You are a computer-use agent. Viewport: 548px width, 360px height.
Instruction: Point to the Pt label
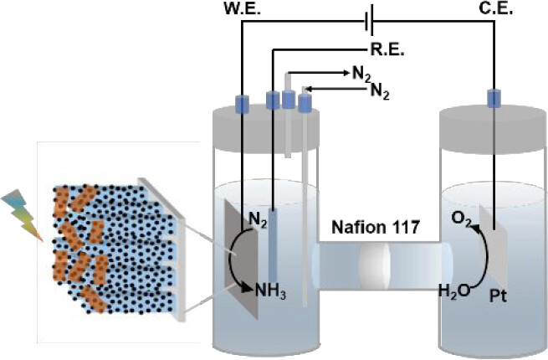(x=500, y=296)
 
